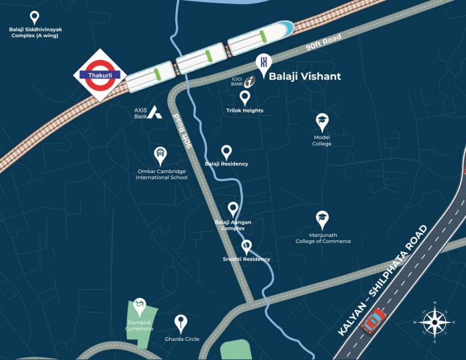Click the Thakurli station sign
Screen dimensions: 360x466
click(99, 75)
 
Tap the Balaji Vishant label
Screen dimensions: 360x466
click(304, 77)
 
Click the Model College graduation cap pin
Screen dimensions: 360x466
click(322, 121)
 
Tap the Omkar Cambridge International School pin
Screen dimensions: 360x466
click(160, 155)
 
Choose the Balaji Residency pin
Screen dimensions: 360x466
click(226, 152)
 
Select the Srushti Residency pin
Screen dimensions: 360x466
click(246, 247)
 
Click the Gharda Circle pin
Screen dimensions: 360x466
click(180, 324)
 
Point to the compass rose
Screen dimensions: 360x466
click(433, 323)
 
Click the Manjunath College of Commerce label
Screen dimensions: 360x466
click(323, 238)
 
